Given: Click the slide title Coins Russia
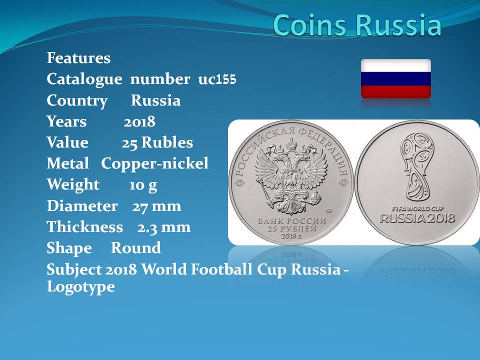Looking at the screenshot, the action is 357,24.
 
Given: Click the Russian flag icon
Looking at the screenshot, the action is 396,78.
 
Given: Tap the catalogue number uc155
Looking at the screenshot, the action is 217,79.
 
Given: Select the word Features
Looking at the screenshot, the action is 78,58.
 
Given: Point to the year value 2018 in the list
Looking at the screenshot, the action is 139,121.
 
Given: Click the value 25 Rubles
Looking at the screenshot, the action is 157,142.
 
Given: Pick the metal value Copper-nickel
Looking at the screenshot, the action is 154,163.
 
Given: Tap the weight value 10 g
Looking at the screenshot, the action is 143,185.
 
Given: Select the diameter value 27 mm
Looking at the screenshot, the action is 156,206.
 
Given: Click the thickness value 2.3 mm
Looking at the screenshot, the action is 164,227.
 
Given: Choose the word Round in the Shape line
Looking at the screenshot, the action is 136,248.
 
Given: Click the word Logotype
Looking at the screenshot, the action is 81,287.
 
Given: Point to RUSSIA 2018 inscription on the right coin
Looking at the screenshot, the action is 417,218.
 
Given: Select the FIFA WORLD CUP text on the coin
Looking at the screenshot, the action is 417,209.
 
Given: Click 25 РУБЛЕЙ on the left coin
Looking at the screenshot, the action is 291,228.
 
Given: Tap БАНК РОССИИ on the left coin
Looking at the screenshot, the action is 291,220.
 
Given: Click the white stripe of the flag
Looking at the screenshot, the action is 396,65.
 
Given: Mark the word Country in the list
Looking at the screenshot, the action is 77,100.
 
